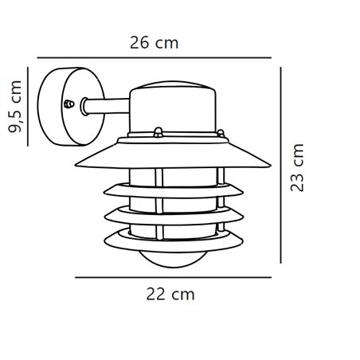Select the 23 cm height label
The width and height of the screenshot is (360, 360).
298,169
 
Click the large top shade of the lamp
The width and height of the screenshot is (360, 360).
172,156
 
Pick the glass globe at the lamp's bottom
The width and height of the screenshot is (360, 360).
171,254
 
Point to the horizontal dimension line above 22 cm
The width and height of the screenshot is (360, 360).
172,276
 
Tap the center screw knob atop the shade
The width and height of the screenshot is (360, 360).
157,131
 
